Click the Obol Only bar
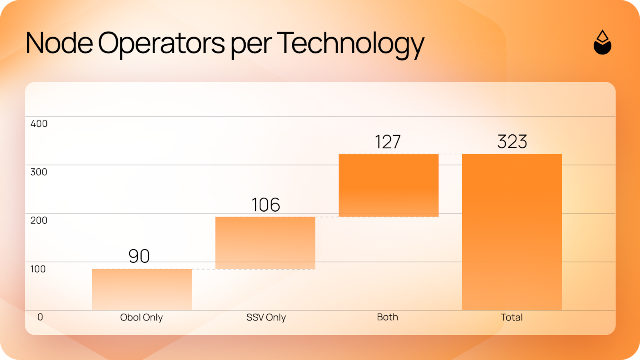[x=142, y=290]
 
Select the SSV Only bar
[x=266, y=243]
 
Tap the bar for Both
[x=388, y=186]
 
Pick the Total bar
[x=512, y=232]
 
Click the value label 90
[x=139, y=256]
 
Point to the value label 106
[x=266, y=204]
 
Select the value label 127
[x=388, y=142]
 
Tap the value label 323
[x=512, y=142]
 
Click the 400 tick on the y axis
[x=39, y=124]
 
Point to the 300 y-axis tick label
[x=39, y=172]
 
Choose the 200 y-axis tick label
[x=39, y=220]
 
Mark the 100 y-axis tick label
[x=38, y=269]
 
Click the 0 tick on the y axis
[x=40, y=317]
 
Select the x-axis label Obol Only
[x=142, y=318]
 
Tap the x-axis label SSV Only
[x=266, y=318]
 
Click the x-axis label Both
[x=388, y=317]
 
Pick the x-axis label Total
[x=512, y=317]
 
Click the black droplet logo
[x=602, y=42]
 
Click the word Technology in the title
[x=350, y=44]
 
